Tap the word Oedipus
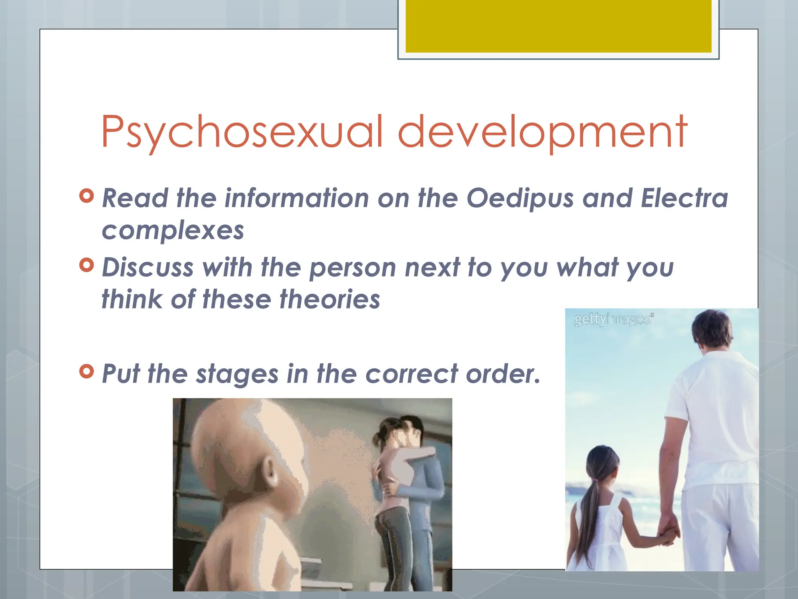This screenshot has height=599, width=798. point(520,198)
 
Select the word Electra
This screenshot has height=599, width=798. point(684,198)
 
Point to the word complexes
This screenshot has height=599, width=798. point(173,230)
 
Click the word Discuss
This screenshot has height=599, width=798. point(148,268)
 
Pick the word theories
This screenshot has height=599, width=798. point(330,299)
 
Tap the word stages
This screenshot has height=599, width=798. point(237,374)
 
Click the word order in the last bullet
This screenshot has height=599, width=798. point(503,374)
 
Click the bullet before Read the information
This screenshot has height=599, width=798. point(87,196)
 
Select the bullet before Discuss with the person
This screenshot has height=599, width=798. point(87,265)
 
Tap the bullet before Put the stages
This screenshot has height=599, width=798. point(87,371)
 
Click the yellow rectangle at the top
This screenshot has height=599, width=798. point(558,26)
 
